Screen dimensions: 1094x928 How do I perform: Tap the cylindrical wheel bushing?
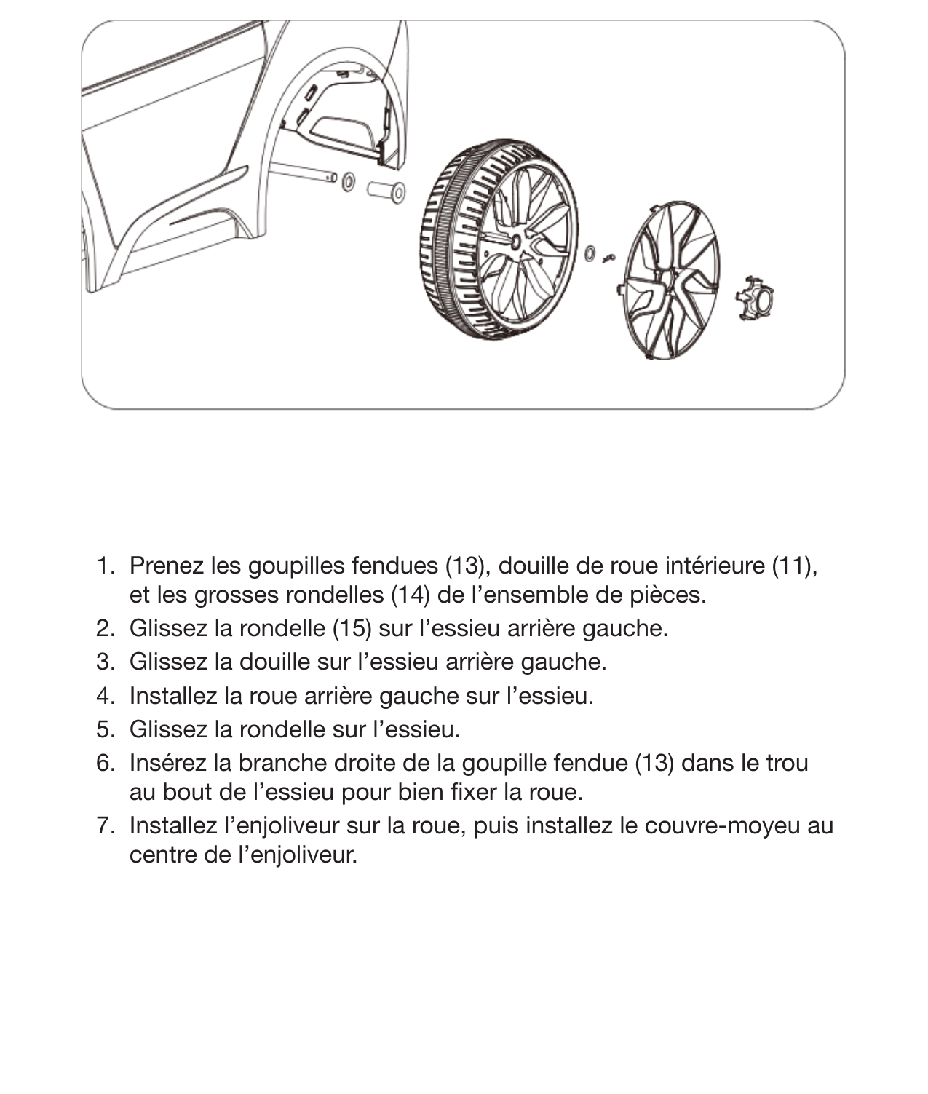(x=386, y=191)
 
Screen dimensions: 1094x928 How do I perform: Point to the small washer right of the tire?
(x=590, y=253)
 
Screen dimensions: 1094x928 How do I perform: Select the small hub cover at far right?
(x=755, y=298)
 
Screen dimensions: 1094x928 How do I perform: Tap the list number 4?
(x=105, y=695)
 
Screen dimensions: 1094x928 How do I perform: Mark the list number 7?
(x=105, y=825)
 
